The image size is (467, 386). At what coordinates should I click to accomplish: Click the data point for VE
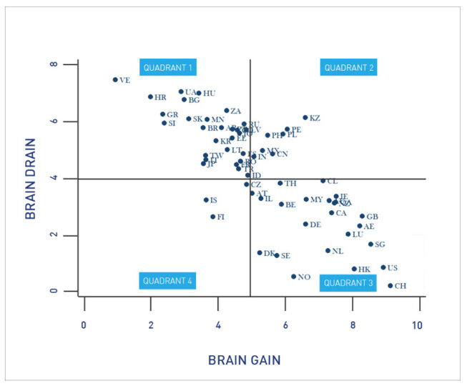pyautogui.click(x=115, y=80)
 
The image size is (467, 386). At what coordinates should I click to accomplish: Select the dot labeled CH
pyautogui.click(x=390, y=285)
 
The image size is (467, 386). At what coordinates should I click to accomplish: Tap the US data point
pyautogui.click(x=383, y=267)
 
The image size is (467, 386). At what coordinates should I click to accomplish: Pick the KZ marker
pyautogui.click(x=305, y=117)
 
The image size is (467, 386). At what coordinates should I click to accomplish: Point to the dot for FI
pyautogui.click(x=212, y=217)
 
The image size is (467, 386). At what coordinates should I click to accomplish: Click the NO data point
pyautogui.click(x=293, y=277)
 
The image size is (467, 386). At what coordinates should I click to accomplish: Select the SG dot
pyautogui.click(x=370, y=244)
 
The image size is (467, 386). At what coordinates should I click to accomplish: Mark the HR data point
pyautogui.click(x=150, y=96)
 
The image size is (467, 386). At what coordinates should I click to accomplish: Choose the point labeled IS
pyautogui.click(x=206, y=200)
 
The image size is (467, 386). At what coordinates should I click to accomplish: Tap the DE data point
pyautogui.click(x=305, y=224)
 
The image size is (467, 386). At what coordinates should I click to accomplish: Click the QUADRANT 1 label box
pyautogui.click(x=168, y=68)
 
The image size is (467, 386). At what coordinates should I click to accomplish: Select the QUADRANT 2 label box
pyautogui.click(x=349, y=68)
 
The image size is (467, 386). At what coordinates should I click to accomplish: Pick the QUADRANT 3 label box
pyautogui.click(x=348, y=282)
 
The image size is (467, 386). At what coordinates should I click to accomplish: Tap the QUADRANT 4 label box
pyautogui.click(x=167, y=281)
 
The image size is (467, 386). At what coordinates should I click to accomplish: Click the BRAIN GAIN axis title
pyautogui.click(x=245, y=360)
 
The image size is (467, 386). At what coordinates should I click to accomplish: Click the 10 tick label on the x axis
pyautogui.click(x=417, y=325)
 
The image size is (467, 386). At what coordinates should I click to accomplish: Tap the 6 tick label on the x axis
pyautogui.click(x=285, y=325)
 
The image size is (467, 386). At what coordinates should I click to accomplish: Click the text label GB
pyautogui.click(x=372, y=217)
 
